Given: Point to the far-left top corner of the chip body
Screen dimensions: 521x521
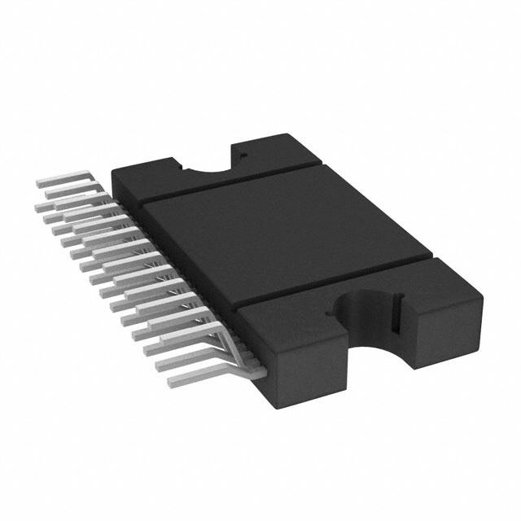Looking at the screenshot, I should coord(113,166).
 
